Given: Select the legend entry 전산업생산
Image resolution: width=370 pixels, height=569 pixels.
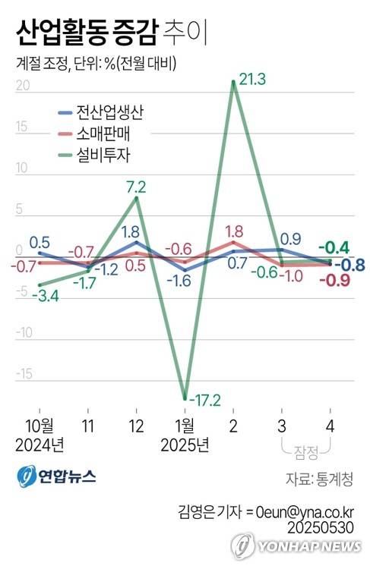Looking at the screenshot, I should [x=109, y=113].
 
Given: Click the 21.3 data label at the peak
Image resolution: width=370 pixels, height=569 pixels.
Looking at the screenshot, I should [x=251, y=79].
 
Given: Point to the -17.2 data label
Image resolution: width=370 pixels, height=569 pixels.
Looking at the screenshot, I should [x=203, y=398].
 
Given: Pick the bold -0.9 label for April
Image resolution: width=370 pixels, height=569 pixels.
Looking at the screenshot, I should [x=334, y=281].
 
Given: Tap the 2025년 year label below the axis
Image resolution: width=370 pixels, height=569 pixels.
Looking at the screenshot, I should [x=184, y=442].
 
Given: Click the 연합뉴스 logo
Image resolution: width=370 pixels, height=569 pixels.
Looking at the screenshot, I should [x=56, y=476].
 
